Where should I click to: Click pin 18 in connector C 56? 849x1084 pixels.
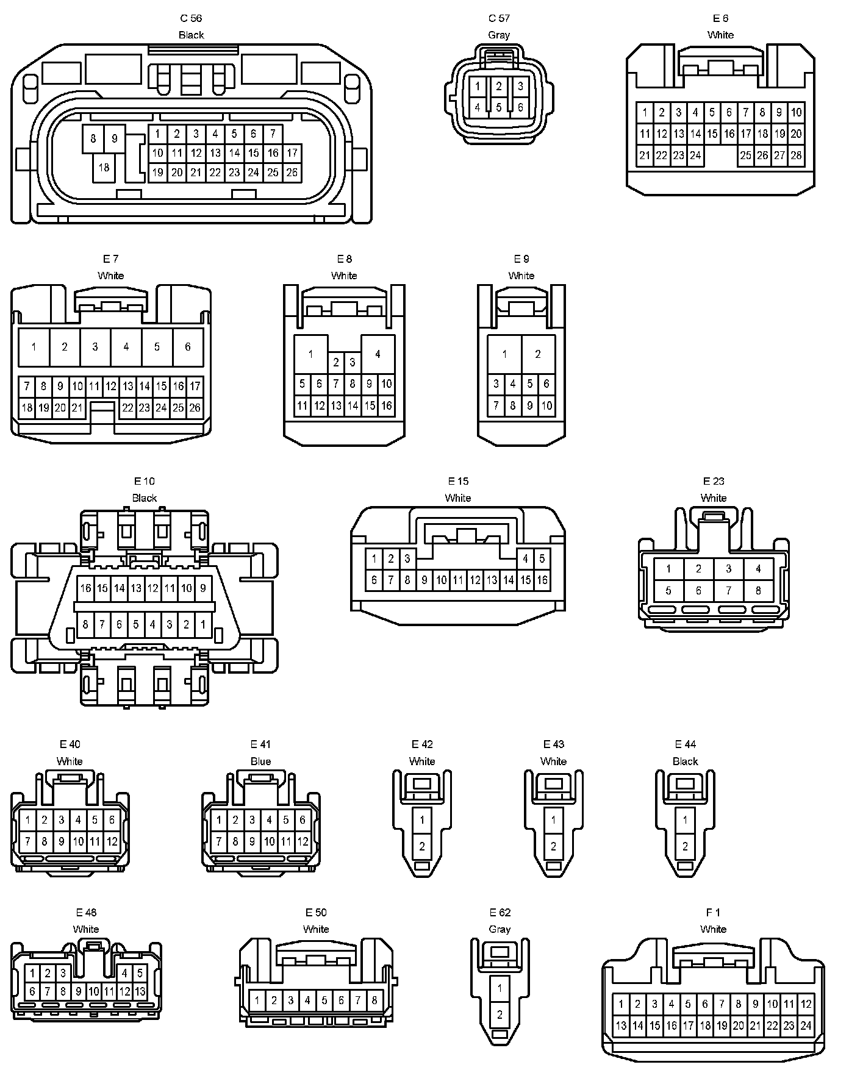click(104, 168)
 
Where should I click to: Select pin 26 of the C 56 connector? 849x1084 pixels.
click(292, 173)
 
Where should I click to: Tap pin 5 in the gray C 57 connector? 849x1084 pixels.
click(499, 108)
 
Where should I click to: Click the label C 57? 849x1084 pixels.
click(499, 18)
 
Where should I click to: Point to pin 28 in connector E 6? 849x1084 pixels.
click(796, 155)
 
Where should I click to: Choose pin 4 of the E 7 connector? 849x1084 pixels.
click(126, 347)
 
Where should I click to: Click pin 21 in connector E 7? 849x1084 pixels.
click(77, 408)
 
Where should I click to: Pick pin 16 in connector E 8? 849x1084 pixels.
click(386, 405)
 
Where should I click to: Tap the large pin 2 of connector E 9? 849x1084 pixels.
click(538, 354)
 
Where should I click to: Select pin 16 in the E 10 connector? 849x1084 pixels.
click(85, 588)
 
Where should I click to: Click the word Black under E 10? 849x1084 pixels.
click(145, 498)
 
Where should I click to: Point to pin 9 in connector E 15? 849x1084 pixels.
click(424, 580)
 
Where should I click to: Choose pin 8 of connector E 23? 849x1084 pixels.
click(758, 590)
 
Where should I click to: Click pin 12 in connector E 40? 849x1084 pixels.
click(112, 842)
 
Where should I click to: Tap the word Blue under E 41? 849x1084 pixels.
click(260, 761)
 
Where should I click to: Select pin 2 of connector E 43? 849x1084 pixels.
click(554, 846)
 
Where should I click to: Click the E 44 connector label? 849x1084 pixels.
click(686, 744)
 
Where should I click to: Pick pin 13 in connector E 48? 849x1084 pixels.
click(140, 992)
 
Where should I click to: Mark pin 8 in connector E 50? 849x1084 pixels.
click(374, 1000)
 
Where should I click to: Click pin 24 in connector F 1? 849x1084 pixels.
click(806, 1026)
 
